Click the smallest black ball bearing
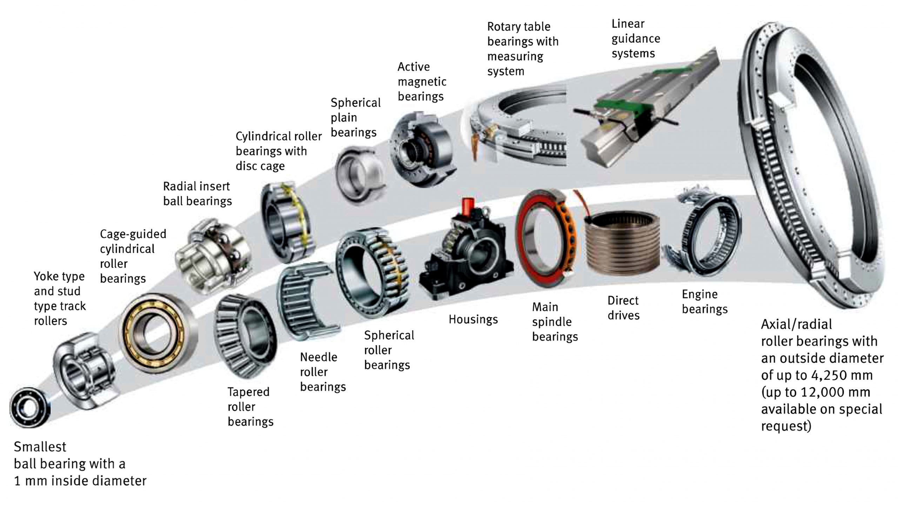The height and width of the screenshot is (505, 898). [x=30, y=407]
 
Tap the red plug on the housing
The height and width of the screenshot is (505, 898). [x=468, y=206]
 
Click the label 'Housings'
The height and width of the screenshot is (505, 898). [x=473, y=319]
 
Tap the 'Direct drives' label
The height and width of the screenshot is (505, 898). [x=623, y=308]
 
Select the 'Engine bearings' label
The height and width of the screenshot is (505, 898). [x=704, y=302]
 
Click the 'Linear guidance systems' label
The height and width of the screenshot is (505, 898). [x=636, y=39]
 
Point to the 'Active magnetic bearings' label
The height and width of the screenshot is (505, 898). [x=422, y=81]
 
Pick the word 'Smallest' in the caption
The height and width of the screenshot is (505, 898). [x=40, y=447]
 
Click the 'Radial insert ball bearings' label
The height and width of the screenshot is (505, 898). [x=197, y=194]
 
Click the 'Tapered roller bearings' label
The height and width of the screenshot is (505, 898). [x=250, y=407]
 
